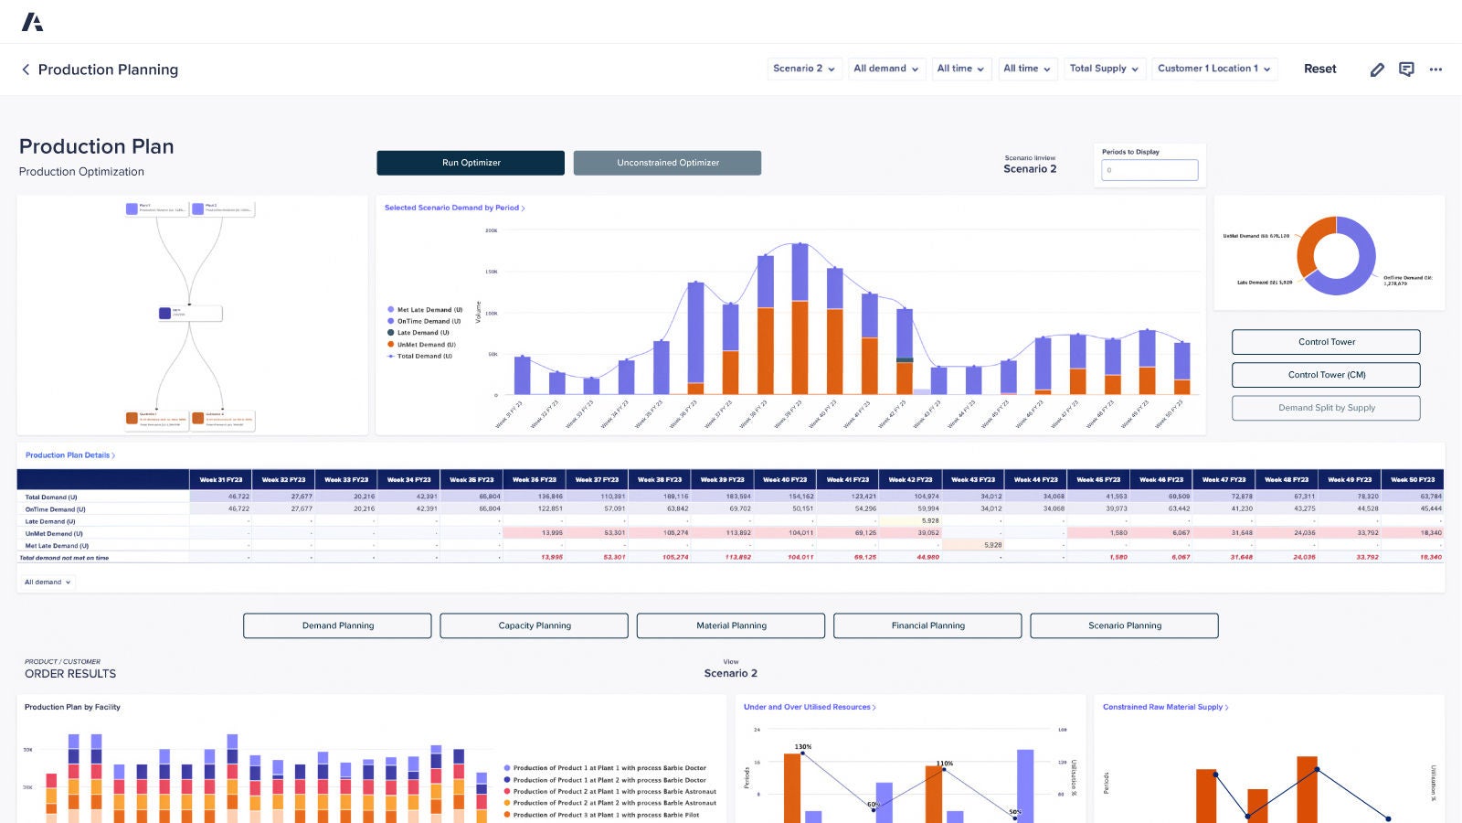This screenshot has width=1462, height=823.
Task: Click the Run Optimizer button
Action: coord(471,163)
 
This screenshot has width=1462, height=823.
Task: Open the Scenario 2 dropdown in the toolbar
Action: coord(803,69)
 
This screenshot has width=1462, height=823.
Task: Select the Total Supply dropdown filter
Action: coord(1104,69)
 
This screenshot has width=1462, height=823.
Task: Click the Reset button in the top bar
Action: coord(1319,69)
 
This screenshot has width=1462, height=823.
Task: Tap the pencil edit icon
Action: coord(1377,69)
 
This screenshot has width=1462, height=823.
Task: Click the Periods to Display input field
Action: coord(1149,170)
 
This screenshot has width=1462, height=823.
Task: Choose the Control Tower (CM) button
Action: coord(1326,375)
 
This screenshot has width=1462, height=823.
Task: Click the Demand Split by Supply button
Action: coord(1326,408)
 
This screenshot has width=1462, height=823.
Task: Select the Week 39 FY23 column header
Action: coord(722,479)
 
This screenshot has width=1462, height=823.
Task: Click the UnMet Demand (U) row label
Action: coord(54,533)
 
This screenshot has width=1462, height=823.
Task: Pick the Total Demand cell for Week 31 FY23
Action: coord(221,497)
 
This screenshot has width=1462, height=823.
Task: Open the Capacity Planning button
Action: coord(535,625)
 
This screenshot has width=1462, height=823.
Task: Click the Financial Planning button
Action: coord(927,625)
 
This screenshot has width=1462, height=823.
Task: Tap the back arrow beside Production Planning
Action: coord(26,69)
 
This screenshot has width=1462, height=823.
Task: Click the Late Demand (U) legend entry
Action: coord(423,333)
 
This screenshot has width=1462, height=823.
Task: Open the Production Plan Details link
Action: coord(69,454)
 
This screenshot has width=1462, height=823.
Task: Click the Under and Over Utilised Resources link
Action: coord(809,707)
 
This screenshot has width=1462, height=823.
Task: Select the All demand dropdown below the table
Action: coord(48,582)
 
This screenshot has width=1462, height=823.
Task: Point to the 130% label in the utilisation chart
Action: coord(803,747)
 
